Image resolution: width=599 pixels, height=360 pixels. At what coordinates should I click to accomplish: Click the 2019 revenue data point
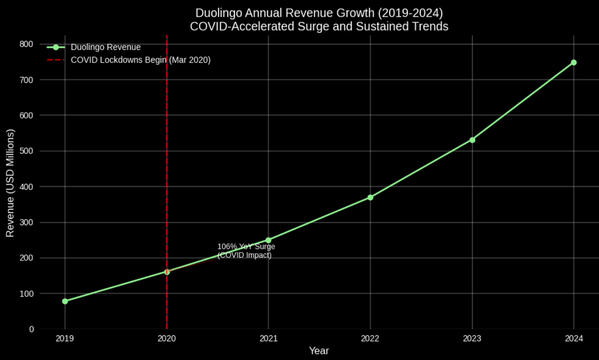pos(65,301)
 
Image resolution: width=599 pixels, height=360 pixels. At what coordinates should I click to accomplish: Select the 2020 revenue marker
pos(167,272)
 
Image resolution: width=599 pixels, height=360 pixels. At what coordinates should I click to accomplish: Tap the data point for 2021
pos(268,240)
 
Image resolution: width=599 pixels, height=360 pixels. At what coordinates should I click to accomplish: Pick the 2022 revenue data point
pos(370,197)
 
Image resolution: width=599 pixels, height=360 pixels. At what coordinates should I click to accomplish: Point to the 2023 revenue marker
pos(472,140)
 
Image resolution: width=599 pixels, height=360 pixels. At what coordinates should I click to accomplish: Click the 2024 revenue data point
pos(574,62)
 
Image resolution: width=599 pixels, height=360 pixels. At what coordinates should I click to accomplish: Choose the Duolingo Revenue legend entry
pos(105,47)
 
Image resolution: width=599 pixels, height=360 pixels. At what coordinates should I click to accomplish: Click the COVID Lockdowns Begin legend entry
pos(140,60)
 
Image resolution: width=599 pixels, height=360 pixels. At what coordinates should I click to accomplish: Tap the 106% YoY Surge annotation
pos(246,251)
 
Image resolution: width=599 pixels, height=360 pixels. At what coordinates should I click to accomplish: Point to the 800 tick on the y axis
pos(26,44)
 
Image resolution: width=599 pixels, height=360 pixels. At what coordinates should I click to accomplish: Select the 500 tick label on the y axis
pos(26,151)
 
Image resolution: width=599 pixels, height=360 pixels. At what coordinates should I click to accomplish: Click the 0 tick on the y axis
pos(31,329)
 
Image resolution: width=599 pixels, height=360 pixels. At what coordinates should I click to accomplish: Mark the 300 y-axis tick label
pos(26,222)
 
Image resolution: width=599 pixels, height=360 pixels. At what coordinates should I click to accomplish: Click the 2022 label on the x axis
pos(370,338)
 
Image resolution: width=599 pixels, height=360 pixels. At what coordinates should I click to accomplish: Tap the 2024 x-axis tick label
pos(574,338)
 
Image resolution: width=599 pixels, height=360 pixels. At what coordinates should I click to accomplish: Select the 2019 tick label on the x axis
pos(65,338)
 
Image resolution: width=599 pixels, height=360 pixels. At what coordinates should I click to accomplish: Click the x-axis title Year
pos(319,351)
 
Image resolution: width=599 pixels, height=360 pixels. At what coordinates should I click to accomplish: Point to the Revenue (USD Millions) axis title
pos(10,183)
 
